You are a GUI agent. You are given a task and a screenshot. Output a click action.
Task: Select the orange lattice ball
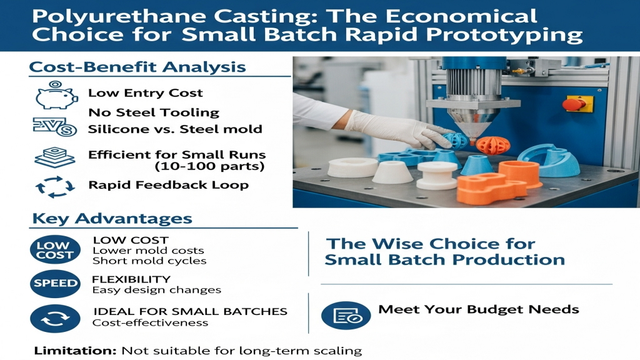click(492, 145)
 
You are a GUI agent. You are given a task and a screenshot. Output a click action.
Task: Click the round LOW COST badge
click(55, 250)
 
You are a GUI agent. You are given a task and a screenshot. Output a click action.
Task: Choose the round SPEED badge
click(55, 283)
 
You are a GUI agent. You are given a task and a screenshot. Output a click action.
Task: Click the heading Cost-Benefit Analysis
click(137, 66)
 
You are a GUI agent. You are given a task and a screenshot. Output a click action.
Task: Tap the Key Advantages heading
click(112, 218)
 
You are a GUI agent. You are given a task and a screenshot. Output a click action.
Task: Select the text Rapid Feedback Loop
click(169, 185)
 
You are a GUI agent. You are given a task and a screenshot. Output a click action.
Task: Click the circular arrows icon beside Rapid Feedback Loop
click(55, 187)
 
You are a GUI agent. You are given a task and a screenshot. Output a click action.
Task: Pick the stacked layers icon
click(55, 157)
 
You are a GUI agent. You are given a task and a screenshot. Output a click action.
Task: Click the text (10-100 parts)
click(209, 166)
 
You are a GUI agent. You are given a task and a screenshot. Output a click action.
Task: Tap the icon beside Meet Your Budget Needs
click(346, 316)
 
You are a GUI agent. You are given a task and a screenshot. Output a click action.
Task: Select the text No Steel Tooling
click(154, 112)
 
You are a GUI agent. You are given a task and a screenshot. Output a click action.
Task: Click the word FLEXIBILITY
click(131, 279)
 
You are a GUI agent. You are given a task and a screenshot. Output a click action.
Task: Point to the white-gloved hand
click(396, 130)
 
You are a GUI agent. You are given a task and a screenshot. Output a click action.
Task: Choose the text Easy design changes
click(157, 290)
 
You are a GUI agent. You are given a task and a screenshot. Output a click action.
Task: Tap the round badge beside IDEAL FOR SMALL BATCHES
click(55, 319)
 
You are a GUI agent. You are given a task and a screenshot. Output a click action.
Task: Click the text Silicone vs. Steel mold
click(175, 129)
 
